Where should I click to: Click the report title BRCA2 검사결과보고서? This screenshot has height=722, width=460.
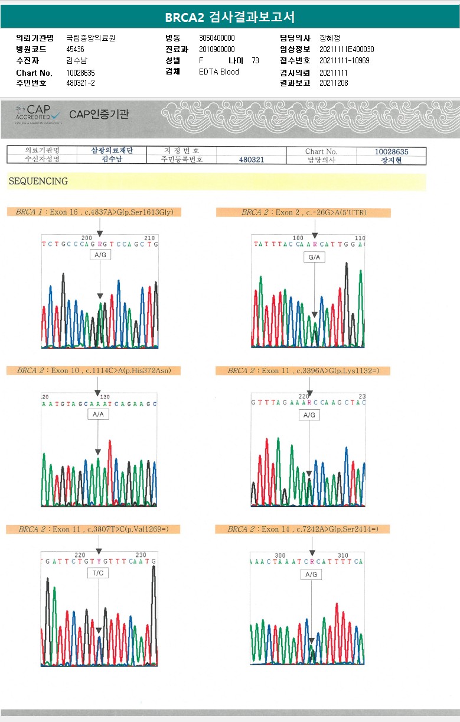[x=230, y=17]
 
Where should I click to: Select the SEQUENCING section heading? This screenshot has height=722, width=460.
[x=38, y=182]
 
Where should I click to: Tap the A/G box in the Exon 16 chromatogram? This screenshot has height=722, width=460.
[x=100, y=254]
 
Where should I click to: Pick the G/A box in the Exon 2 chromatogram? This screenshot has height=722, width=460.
[x=314, y=257]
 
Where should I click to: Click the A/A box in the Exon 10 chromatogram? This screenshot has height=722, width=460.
[x=98, y=415]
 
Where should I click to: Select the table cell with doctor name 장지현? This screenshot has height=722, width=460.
[x=391, y=160]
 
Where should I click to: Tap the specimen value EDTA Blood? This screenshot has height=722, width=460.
[x=219, y=72]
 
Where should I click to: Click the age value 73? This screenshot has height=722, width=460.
[x=255, y=60]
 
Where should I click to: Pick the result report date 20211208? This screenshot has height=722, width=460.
[x=334, y=83]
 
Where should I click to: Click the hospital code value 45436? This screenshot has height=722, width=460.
[x=76, y=49]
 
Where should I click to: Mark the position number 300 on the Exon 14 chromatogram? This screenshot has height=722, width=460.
[x=280, y=556]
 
